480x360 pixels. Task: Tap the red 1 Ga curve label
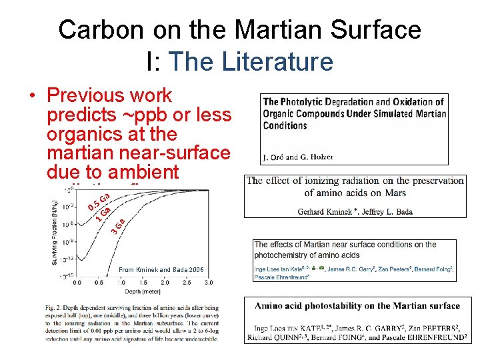(x=103, y=213)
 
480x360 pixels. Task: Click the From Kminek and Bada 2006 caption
(x=161, y=269)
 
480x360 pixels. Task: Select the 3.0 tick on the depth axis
(x=209, y=283)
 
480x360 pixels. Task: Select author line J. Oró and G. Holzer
(x=298, y=157)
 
